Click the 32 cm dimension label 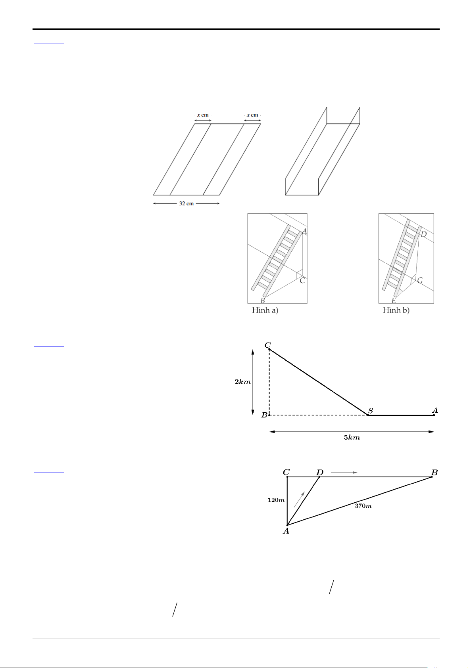[186, 204]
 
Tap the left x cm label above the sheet [203, 115]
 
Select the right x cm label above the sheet [252, 115]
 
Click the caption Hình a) [265, 310]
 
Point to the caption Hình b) [396, 310]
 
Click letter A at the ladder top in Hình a [304, 232]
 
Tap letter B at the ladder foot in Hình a [263, 300]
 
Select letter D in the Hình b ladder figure [424, 234]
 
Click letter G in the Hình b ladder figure [420, 281]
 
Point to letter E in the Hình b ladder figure [394, 301]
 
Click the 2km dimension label [242, 382]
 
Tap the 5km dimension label [352, 438]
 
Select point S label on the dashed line [371, 411]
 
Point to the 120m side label [276, 500]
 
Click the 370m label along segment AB [363, 506]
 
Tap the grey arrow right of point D [344, 473]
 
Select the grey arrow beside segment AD [299, 500]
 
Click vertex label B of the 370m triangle [435, 473]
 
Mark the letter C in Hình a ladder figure [302, 281]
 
